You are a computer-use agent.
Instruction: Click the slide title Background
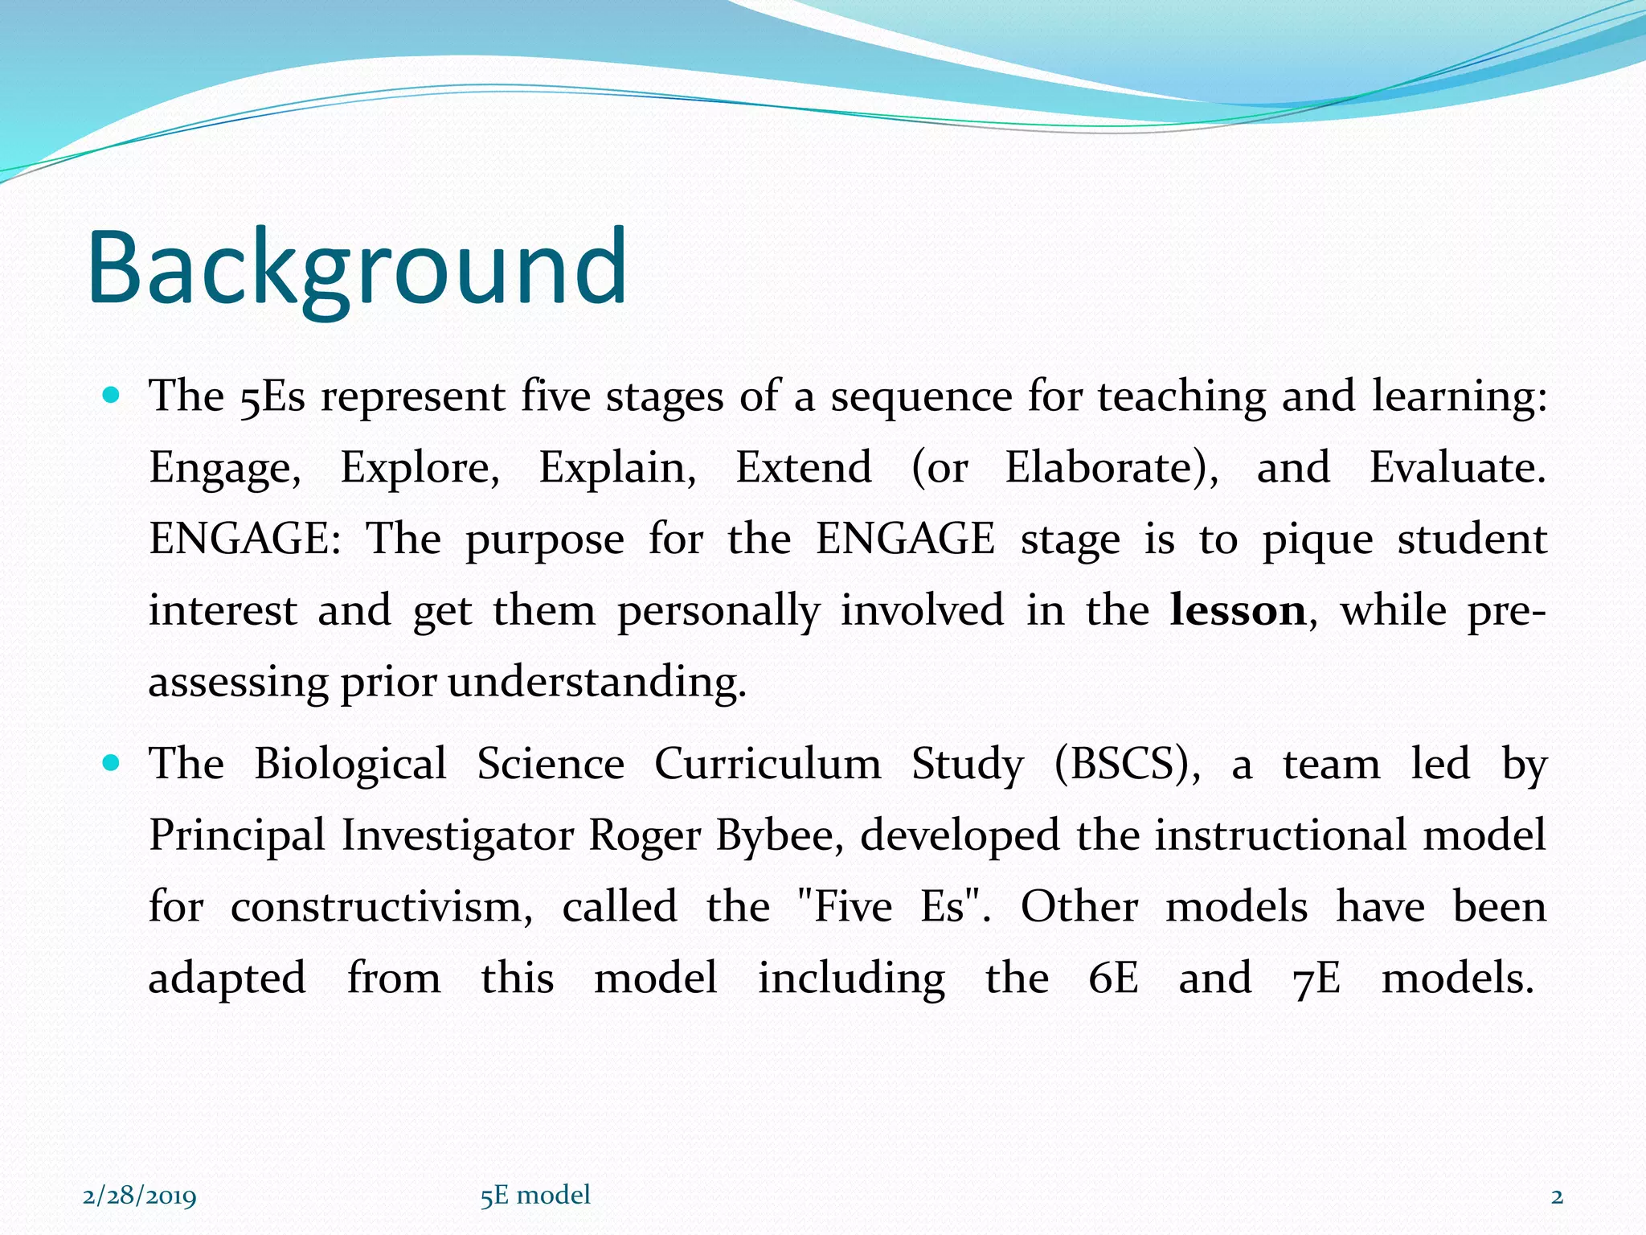(357, 267)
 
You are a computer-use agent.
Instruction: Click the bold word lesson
(1238, 611)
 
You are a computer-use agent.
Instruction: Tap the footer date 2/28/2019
(140, 1196)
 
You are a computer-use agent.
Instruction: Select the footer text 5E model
(535, 1195)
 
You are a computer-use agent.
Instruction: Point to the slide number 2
(1557, 1196)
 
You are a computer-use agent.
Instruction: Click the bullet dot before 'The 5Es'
(112, 396)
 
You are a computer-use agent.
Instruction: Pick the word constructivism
(381, 907)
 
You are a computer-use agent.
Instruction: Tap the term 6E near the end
(1113, 979)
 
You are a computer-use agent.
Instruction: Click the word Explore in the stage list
(420, 468)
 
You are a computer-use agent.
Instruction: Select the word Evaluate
(1456, 468)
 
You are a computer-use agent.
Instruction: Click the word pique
(1317, 540)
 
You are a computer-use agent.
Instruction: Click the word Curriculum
(768, 764)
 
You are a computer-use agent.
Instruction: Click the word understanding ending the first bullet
(596, 683)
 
